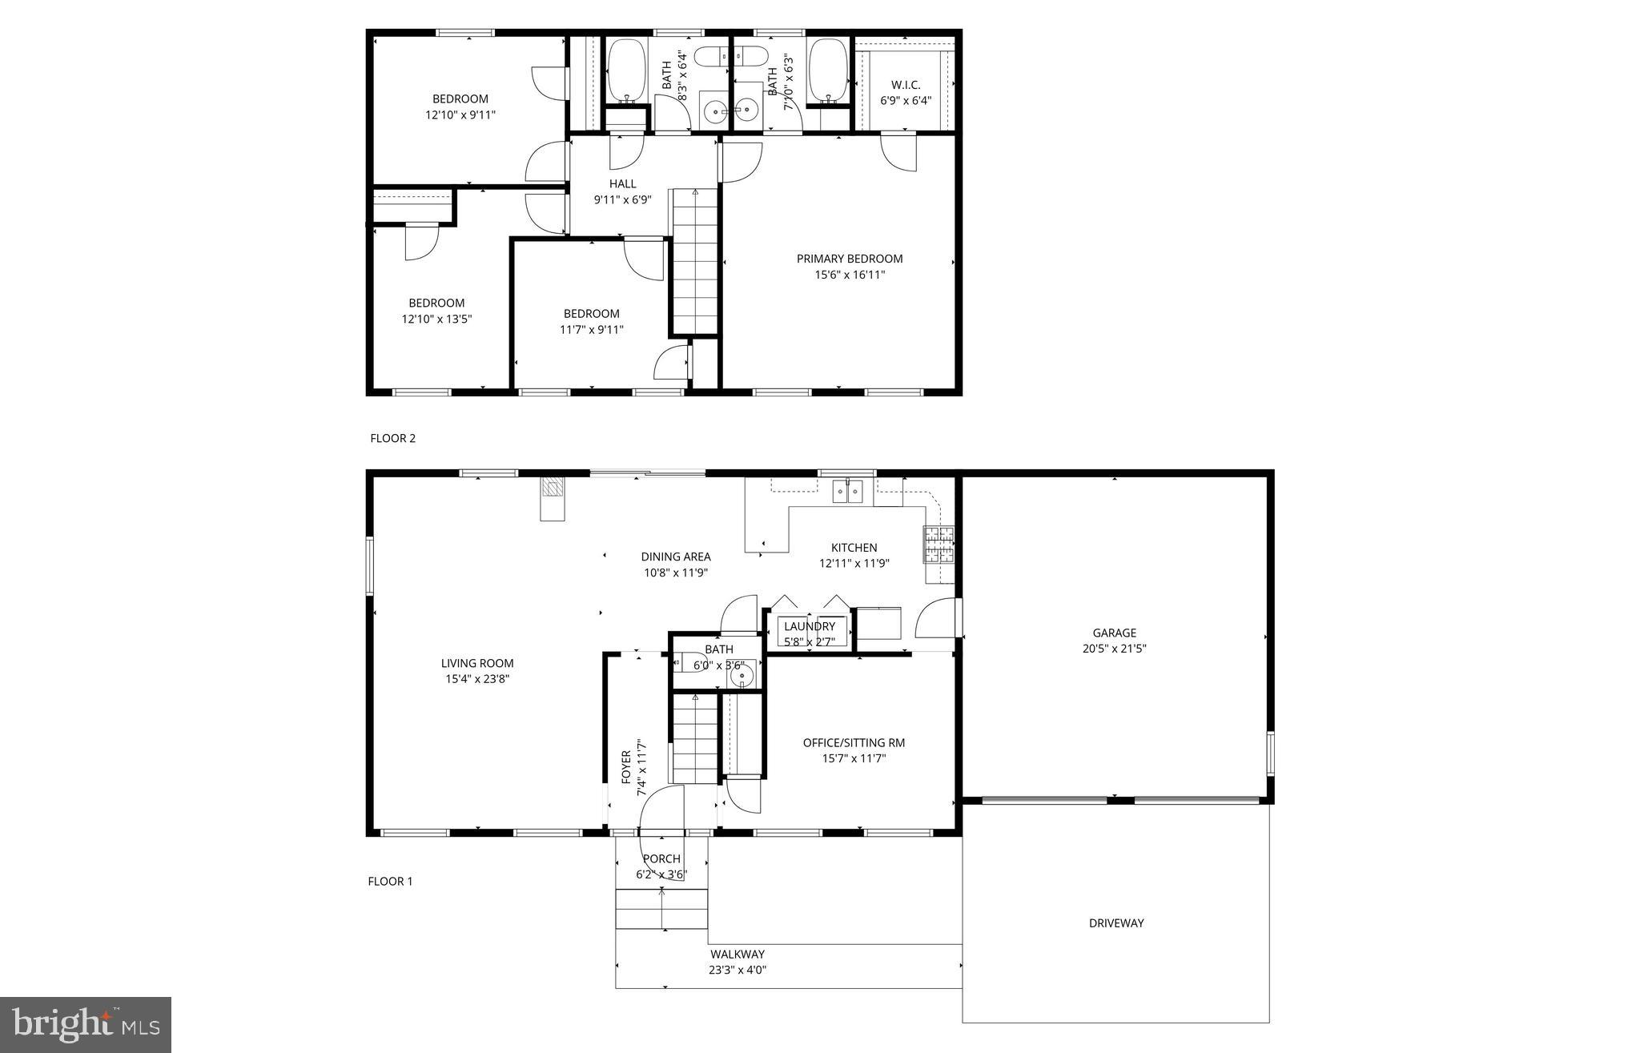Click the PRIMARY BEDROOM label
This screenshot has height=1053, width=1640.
[x=849, y=259]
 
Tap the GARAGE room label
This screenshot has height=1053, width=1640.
[x=1114, y=633]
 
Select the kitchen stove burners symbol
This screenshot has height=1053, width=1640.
[x=939, y=545]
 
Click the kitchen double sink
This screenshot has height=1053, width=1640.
[x=846, y=490]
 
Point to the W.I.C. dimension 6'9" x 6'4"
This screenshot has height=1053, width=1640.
[x=905, y=101]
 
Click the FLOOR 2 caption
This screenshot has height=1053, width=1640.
[x=392, y=438]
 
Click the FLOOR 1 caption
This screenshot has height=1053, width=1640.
[x=390, y=881]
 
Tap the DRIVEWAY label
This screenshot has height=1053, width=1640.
[x=1115, y=922]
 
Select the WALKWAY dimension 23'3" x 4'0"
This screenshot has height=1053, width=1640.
[x=737, y=970]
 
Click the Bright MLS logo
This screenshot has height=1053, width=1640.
[x=86, y=1024]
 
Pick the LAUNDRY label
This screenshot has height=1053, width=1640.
[x=809, y=626]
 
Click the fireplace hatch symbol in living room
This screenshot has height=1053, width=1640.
[x=552, y=488]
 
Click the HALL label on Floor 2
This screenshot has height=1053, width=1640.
[x=622, y=183]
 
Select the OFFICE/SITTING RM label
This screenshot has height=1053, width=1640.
[x=854, y=742]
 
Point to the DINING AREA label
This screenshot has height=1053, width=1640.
[x=675, y=557]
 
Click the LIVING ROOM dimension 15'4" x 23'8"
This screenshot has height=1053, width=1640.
[x=477, y=679]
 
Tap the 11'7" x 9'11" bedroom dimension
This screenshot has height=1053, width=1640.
[x=591, y=329]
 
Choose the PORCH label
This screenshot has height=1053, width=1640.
[x=661, y=858]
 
